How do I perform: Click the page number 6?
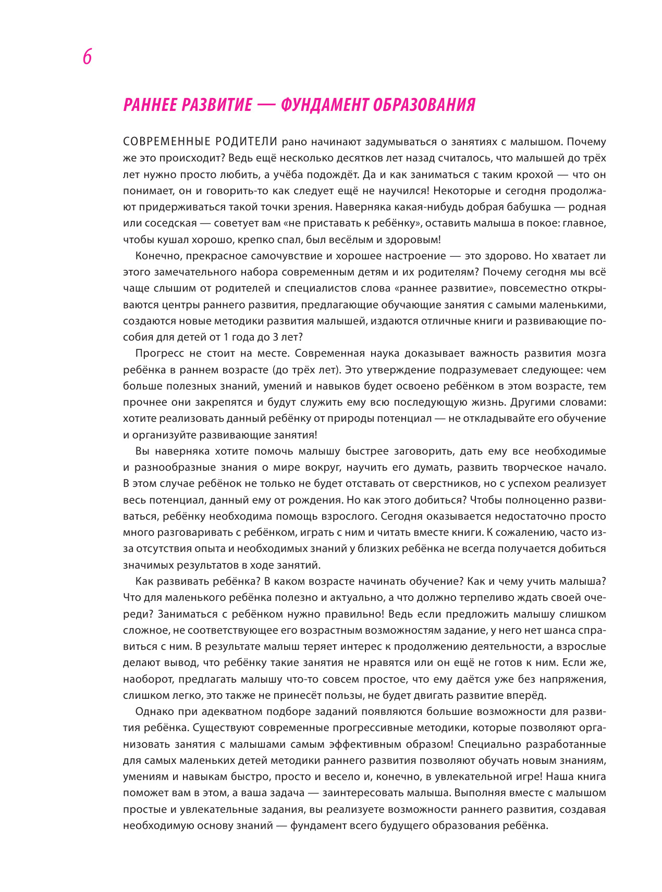click(x=87, y=57)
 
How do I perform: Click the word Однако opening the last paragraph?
click(x=152, y=712)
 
